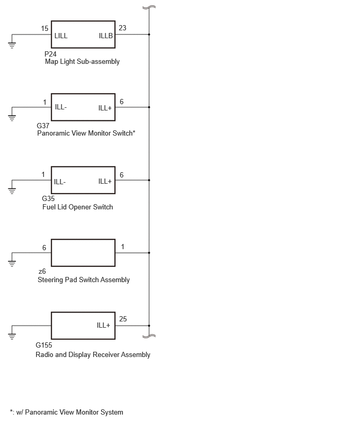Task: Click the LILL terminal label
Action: tap(61, 36)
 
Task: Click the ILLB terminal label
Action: tap(106, 36)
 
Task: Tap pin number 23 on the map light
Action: tap(122, 28)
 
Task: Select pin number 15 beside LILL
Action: tap(44, 28)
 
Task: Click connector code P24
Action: tap(50, 54)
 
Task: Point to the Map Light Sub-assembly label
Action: tap(82, 62)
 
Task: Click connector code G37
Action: tap(43, 126)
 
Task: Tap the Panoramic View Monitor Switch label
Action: tap(86, 133)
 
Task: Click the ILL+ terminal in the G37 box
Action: tap(105, 108)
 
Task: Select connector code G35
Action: tap(48, 198)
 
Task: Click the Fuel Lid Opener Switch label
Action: tap(77, 207)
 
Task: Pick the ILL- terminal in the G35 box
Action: tap(60, 182)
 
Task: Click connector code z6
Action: tap(42, 271)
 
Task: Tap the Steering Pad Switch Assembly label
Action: tap(84, 280)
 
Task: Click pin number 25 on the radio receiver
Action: tap(123, 319)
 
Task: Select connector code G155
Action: tap(44, 345)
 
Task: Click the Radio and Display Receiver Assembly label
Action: tap(93, 355)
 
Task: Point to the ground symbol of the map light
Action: tap(12, 45)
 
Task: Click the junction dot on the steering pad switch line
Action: tap(149, 253)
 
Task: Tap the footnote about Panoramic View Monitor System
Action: tap(66, 412)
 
